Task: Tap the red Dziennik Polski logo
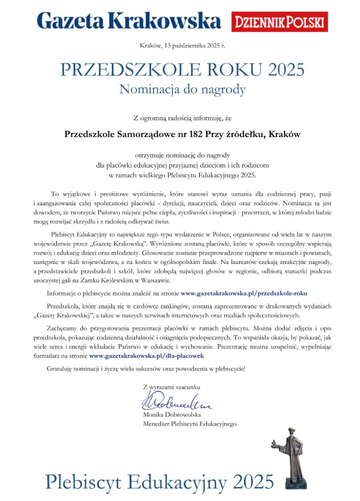click(x=279, y=22)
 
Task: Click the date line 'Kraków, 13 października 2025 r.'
click(x=182, y=45)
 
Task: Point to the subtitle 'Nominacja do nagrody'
click(x=182, y=89)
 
